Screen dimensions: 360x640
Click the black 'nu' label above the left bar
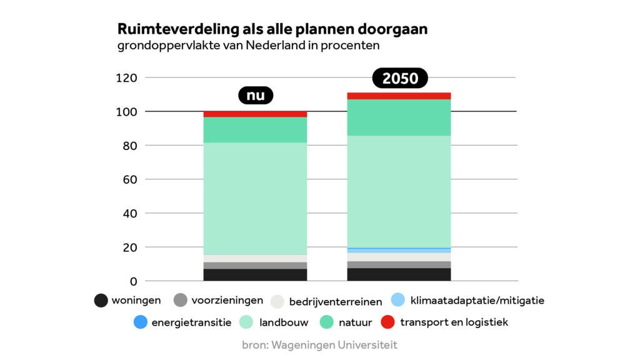(256, 96)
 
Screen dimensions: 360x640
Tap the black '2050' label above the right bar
(399, 78)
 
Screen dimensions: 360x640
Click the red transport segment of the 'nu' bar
(255, 114)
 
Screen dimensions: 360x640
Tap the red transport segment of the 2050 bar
(399, 96)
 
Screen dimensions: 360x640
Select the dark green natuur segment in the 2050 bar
(399, 117)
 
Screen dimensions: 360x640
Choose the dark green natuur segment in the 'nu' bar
(255, 129)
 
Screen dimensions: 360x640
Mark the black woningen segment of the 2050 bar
(399, 274)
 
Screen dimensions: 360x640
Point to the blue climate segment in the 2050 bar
(399, 251)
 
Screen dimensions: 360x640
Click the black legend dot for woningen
(101, 301)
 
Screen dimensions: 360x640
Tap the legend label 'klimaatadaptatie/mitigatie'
(477, 301)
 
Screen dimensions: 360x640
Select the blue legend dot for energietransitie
(141, 322)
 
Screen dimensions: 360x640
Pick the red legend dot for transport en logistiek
(388, 322)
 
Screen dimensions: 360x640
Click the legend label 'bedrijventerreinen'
(335, 302)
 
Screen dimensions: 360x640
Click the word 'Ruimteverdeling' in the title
(167, 29)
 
